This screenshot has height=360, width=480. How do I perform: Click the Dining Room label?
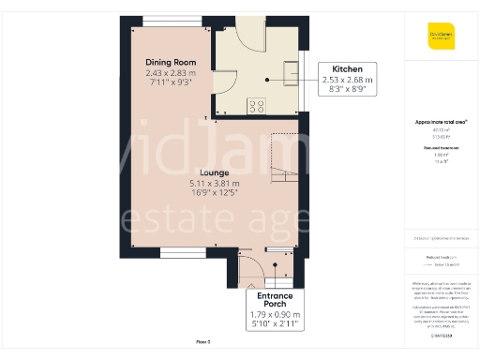(x=171, y=63)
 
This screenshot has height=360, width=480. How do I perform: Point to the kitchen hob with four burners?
(x=256, y=104)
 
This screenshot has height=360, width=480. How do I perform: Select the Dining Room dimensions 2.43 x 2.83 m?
(x=171, y=73)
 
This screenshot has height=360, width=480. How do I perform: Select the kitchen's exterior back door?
(x=248, y=36)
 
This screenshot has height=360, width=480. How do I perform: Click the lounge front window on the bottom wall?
(x=176, y=251)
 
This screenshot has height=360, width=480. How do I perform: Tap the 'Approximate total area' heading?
(x=442, y=122)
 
